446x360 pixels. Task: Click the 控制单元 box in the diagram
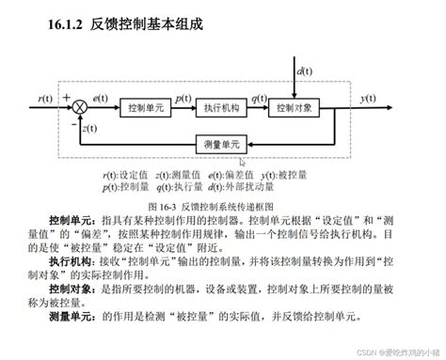[x=146, y=108]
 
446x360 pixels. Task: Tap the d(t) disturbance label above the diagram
[x=305, y=72]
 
